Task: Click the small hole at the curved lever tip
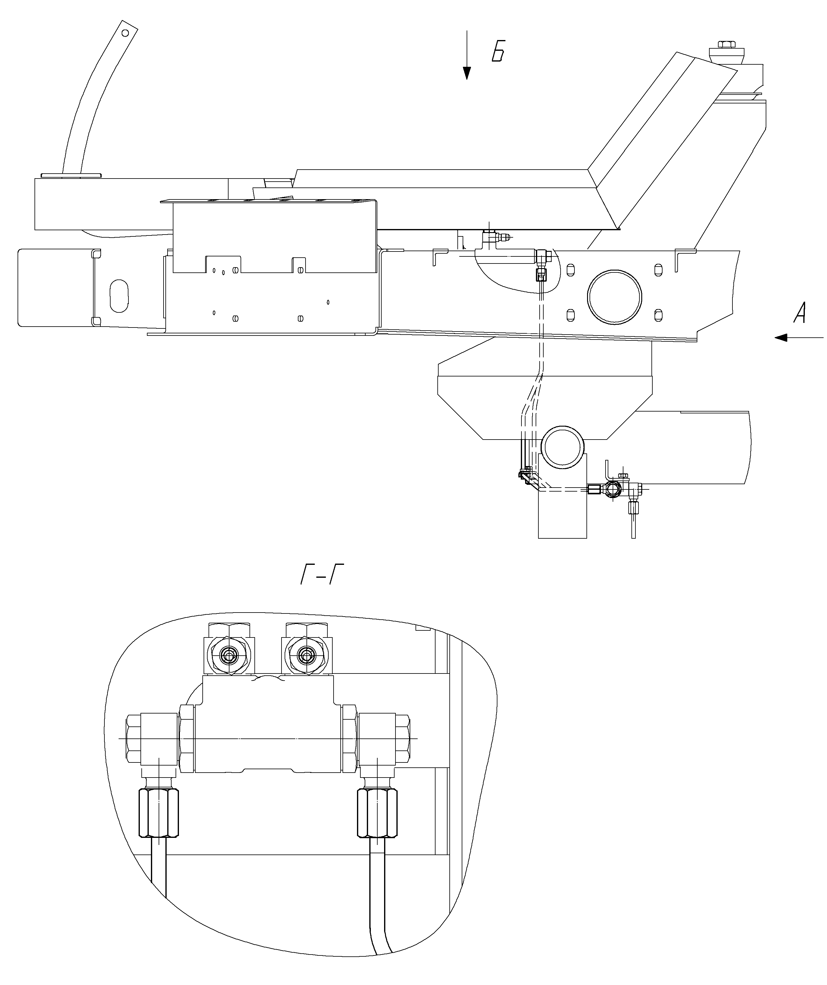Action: pyautogui.click(x=125, y=33)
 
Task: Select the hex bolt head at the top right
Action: pyautogui.click(x=727, y=45)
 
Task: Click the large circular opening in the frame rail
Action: pyautogui.click(x=614, y=296)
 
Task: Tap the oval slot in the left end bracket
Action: pyautogui.click(x=119, y=296)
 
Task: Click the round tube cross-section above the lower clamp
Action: pyautogui.click(x=563, y=447)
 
